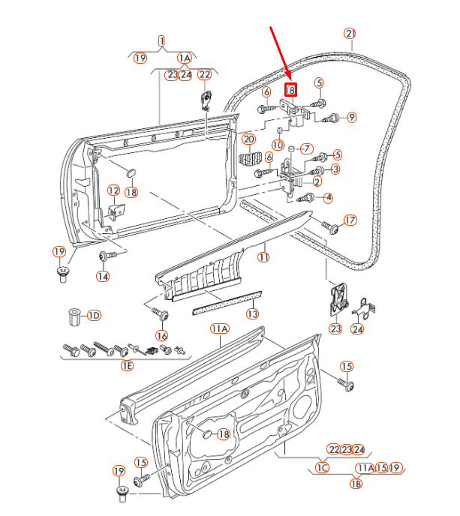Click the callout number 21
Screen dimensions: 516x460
click(350, 33)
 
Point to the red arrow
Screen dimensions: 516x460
click(281, 52)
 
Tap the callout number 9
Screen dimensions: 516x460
click(351, 116)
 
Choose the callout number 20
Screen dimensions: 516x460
click(249, 139)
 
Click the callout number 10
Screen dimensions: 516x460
click(277, 144)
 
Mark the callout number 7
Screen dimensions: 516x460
click(306, 148)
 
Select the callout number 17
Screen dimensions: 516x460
click(350, 220)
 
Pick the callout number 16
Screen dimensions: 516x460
click(162, 334)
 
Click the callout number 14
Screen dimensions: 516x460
click(101, 276)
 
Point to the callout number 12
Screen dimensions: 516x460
click(113, 190)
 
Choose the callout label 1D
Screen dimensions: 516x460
click(93, 315)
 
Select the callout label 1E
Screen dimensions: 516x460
click(127, 365)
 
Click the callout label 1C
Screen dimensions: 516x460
click(322, 468)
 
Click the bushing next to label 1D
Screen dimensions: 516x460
click(74, 316)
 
